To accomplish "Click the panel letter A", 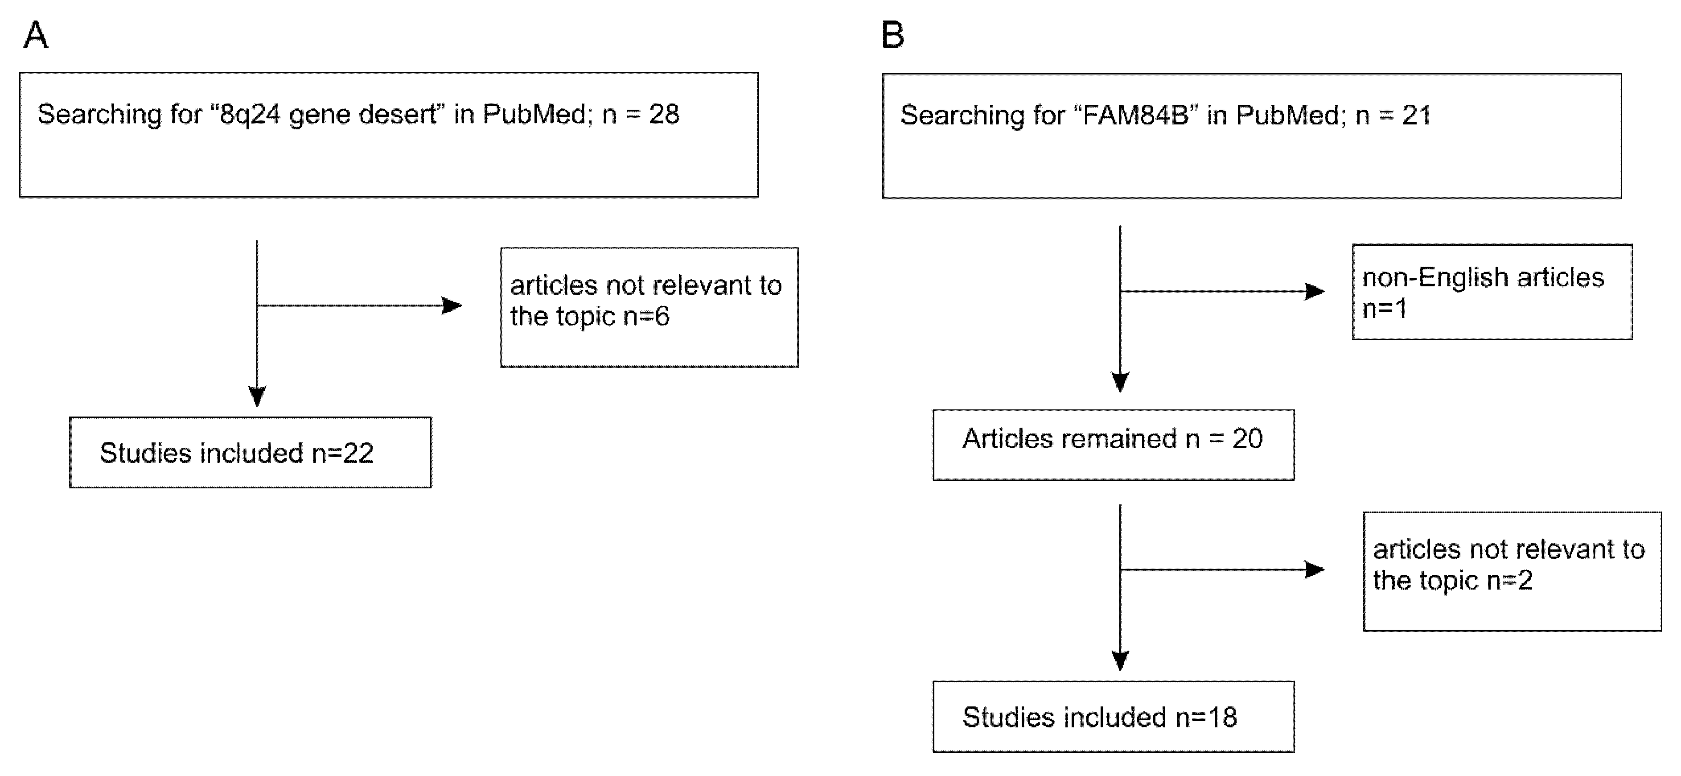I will (36, 35).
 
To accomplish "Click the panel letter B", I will (893, 35).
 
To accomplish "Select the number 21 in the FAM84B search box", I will (1416, 116).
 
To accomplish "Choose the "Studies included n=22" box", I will (250, 452).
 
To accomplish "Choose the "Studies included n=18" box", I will (1113, 717).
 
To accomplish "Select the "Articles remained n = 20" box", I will (1113, 445).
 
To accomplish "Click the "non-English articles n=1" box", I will (1492, 292).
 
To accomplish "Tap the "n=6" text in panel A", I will (646, 317).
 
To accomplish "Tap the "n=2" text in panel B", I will (1509, 580).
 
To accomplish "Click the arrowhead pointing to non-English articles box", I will (1314, 291).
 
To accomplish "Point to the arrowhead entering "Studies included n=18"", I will (1120, 660).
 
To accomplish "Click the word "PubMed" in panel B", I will (1290, 116).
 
